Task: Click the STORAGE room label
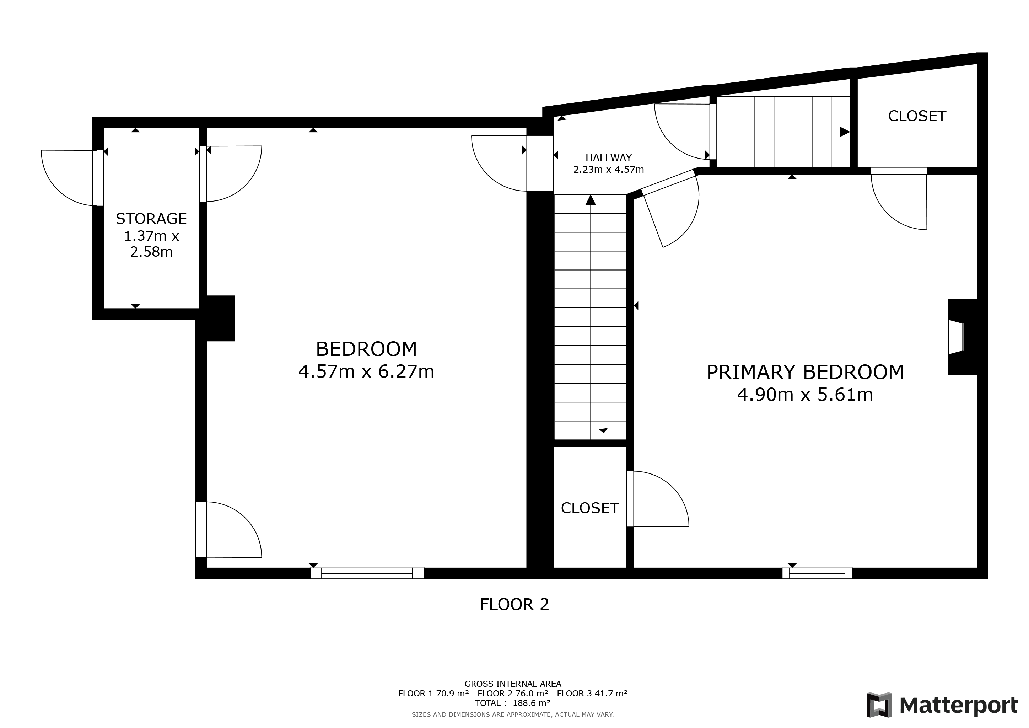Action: [x=151, y=219]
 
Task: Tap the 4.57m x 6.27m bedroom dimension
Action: [x=366, y=371]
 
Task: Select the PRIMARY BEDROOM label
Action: [x=805, y=373]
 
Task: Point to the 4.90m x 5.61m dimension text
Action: [x=805, y=395]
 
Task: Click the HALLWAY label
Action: [x=608, y=158]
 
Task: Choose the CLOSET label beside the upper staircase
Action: [x=917, y=117]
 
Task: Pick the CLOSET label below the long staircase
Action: [x=589, y=508]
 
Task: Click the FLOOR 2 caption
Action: [x=514, y=605]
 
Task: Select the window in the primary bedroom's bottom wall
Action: [x=817, y=573]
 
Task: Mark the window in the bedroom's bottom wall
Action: [x=367, y=573]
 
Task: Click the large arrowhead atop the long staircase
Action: [x=590, y=200]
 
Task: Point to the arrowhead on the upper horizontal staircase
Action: [x=844, y=132]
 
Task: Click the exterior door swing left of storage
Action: [x=67, y=177]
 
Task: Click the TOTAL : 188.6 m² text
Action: [x=513, y=703]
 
